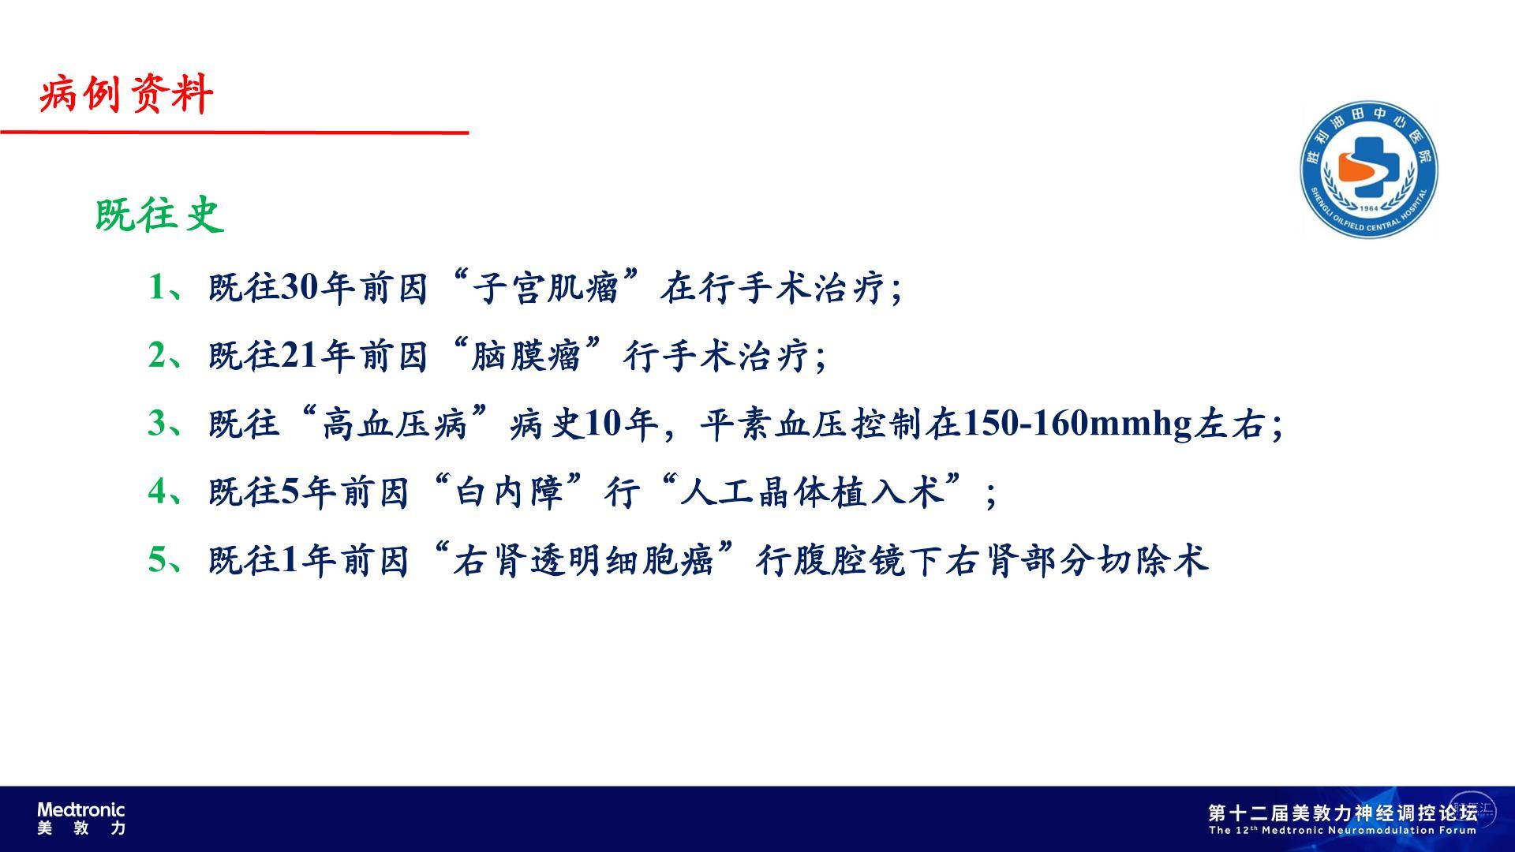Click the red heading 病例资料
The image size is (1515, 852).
(x=126, y=95)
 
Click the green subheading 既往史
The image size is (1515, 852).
(x=160, y=215)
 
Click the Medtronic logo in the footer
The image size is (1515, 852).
(x=81, y=818)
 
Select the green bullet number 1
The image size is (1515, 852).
(x=158, y=287)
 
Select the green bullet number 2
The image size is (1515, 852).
(x=158, y=355)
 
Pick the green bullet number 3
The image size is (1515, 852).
(x=158, y=423)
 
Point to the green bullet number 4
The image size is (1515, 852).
(x=158, y=491)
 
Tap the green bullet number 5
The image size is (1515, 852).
(x=158, y=559)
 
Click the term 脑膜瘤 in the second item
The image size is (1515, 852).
(x=526, y=355)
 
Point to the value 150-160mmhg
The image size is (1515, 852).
(x=1077, y=424)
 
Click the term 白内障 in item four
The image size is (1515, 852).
(x=510, y=491)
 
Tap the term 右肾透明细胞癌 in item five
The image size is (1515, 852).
(x=584, y=560)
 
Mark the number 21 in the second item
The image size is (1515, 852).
(x=300, y=355)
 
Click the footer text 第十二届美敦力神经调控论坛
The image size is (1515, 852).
(x=1342, y=813)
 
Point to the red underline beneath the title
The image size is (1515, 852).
(x=234, y=132)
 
